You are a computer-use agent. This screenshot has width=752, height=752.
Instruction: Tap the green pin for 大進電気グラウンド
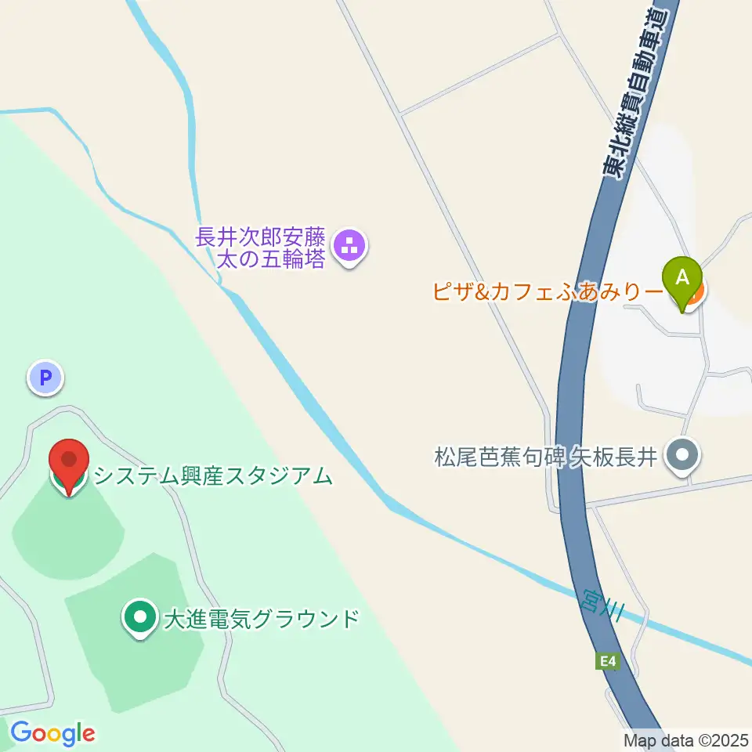(140, 618)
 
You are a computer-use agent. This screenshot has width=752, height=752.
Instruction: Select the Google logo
(52, 733)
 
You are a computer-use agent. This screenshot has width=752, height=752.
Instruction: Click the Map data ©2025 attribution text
(686, 739)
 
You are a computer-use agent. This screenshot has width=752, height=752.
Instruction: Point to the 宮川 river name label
(603, 602)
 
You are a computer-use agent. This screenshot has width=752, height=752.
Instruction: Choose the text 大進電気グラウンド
(261, 619)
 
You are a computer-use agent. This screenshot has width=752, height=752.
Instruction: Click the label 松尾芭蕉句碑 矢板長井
(544, 456)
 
